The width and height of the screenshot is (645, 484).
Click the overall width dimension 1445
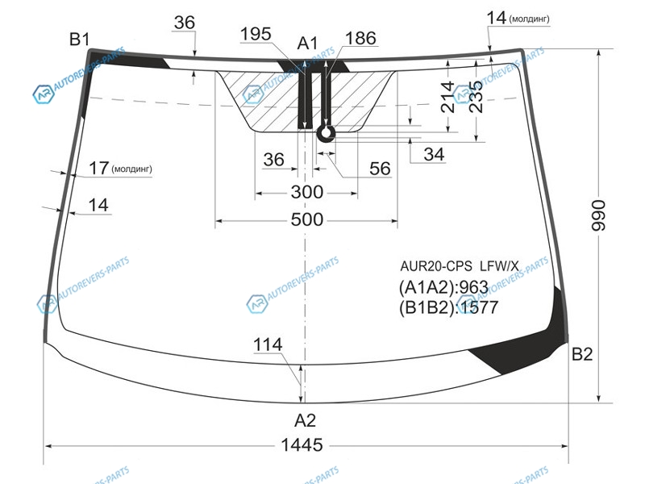(x=302, y=445)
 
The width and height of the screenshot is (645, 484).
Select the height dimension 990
(x=598, y=215)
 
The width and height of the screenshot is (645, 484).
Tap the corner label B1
(x=79, y=39)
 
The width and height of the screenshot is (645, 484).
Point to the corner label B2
(x=582, y=354)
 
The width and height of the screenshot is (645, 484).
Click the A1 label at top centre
(x=308, y=43)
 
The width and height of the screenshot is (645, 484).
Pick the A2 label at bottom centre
(x=306, y=420)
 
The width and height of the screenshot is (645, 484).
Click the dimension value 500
(x=307, y=219)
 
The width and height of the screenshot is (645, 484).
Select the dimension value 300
(x=307, y=192)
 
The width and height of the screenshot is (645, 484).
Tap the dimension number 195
(x=256, y=34)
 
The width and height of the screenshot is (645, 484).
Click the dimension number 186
(x=360, y=38)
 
